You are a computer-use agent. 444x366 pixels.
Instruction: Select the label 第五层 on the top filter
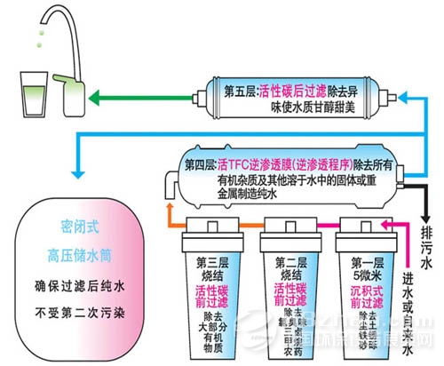tap(246, 90)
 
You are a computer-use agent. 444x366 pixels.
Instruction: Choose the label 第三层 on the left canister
tap(214, 263)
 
